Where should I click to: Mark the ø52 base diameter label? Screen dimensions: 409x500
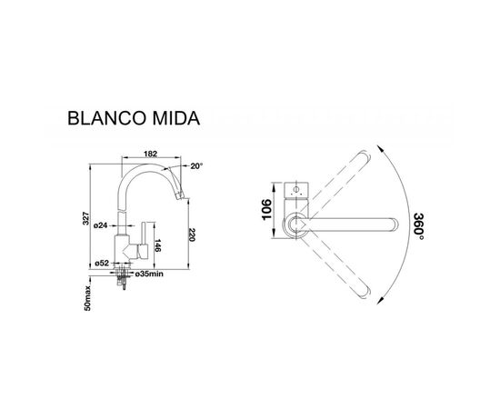[x=104, y=264]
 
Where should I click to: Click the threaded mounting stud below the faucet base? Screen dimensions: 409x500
[x=122, y=281]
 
